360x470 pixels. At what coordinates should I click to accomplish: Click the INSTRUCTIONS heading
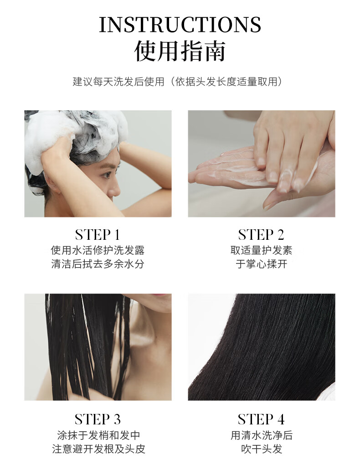pos(180,25)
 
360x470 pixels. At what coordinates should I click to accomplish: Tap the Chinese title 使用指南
pos(180,51)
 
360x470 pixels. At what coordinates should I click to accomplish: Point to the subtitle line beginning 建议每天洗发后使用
pos(178,82)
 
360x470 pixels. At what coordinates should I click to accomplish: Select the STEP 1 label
pos(98,235)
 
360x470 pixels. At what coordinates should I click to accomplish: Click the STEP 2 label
pos(261,235)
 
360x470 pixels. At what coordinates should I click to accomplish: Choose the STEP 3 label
pos(98,419)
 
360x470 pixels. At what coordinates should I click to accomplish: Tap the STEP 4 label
pos(261,419)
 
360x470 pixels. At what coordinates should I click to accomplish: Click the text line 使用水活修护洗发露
pos(98,250)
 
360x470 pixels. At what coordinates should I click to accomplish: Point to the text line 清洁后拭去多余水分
pos(98,264)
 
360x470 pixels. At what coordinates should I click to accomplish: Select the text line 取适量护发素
pos(262,250)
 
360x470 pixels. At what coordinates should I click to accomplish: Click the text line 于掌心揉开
pos(262,264)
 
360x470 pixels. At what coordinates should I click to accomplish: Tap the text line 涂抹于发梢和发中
pos(98,435)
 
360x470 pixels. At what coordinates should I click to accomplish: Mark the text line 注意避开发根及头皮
pos(98,449)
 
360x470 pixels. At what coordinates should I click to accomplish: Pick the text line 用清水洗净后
pos(262,435)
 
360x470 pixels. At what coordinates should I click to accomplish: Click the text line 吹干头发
pos(262,449)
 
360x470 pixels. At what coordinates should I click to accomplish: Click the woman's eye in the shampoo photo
pos(106,174)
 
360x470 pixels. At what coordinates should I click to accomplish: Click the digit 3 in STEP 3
pos(117,420)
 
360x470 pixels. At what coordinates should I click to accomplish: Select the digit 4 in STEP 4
pos(281,420)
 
